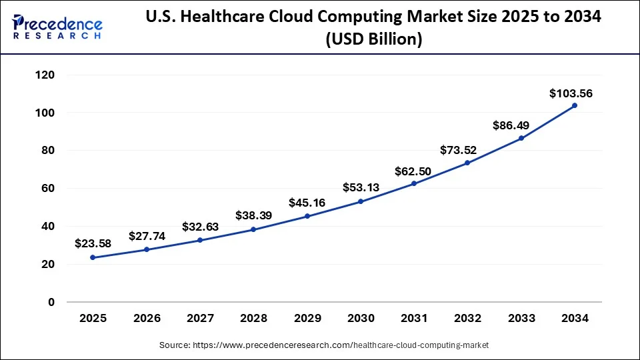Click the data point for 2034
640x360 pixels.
coord(574,105)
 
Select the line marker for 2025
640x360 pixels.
coord(93,257)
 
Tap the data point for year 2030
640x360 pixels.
coord(361,201)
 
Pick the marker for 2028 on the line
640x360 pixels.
coord(253,229)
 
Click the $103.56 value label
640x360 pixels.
coord(571,93)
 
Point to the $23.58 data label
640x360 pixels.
coord(93,243)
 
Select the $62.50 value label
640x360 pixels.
coord(413,171)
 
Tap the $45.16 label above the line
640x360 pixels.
coord(307,202)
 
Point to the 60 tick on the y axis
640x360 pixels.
coord(47,189)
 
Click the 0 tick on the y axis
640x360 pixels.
coord(51,302)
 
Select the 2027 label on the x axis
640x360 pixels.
coord(200,319)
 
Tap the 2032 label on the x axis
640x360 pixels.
coord(467,319)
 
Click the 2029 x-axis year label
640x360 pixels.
coord(307,319)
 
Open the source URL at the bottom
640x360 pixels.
coord(324,345)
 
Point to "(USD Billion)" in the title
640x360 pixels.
coord(373,40)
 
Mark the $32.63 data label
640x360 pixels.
coord(200,227)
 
